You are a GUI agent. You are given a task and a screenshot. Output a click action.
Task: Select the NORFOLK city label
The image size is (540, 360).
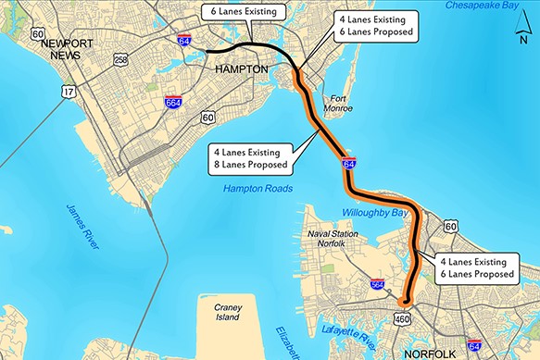pyautogui.click(x=423, y=353)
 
